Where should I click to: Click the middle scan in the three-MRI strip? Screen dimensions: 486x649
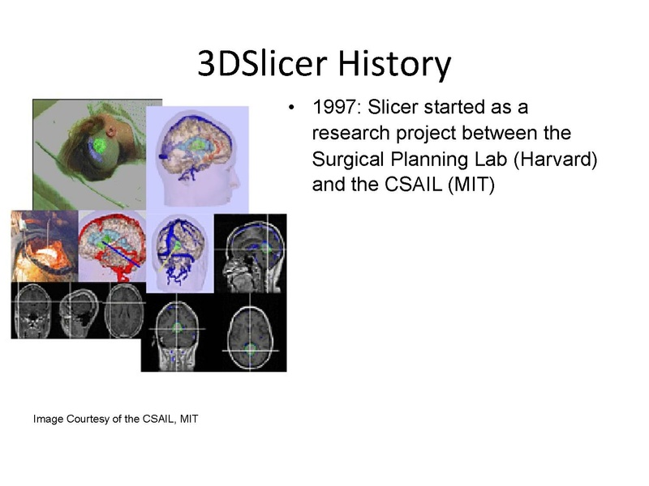click(x=76, y=309)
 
